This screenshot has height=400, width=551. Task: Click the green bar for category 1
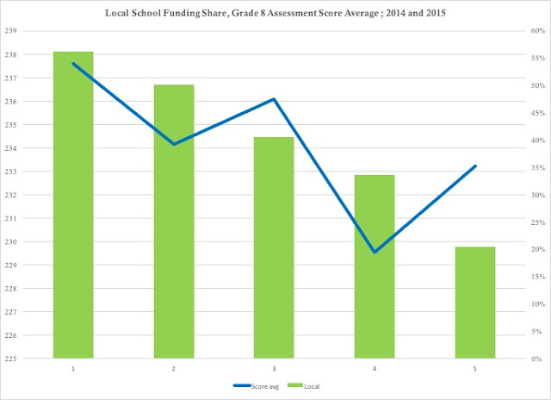[73, 205]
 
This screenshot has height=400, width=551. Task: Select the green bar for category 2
[174, 222]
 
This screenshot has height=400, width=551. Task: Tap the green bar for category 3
[274, 247]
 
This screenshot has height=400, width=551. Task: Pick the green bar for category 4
[375, 266]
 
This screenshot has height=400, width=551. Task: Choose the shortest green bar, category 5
[475, 303]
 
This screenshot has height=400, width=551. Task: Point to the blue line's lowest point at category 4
[375, 252]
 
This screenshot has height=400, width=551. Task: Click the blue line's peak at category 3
[274, 99]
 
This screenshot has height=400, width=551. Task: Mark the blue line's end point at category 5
[475, 166]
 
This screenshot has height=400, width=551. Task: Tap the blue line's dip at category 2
[174, 144]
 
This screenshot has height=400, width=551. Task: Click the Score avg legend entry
[256, 386]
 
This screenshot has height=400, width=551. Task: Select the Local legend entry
[304, 386]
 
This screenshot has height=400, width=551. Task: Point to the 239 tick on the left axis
[10, 31]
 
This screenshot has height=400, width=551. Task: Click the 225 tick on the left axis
[10, 359]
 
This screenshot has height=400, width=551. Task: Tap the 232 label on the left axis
[10, 195]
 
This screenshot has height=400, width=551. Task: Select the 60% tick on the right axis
[538, 31]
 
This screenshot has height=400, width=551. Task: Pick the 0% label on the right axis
[536, 359]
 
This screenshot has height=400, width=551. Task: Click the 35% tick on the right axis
[538, 168]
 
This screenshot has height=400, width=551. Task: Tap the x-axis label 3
[274, 369]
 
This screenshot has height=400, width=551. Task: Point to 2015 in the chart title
[436, 13]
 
